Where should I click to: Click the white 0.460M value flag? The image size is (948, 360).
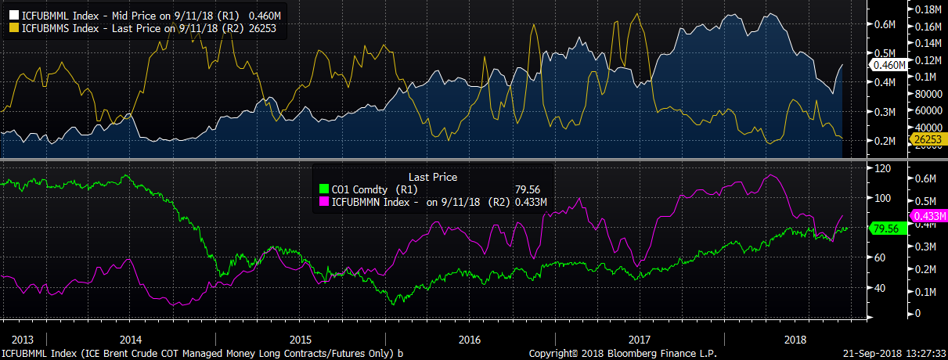tap(888, 65)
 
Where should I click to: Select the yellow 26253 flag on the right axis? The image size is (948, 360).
tap(926, 139)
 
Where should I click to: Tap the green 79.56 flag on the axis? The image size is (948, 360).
tap(889, 228)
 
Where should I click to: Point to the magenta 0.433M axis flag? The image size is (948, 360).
tap(928, 215)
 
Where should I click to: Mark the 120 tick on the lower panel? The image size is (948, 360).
tap(883, 168)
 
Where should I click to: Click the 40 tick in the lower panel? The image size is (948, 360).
tap(881, 287)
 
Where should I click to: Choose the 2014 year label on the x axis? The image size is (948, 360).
tap(130, 340)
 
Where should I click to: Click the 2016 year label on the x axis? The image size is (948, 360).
tap(470, 340)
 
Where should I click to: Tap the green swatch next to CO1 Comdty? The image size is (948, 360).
tap(326, 189)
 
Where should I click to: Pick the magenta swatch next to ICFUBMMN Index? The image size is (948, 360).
tap(326, 203)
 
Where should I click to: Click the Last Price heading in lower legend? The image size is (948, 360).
tap(433, 178)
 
